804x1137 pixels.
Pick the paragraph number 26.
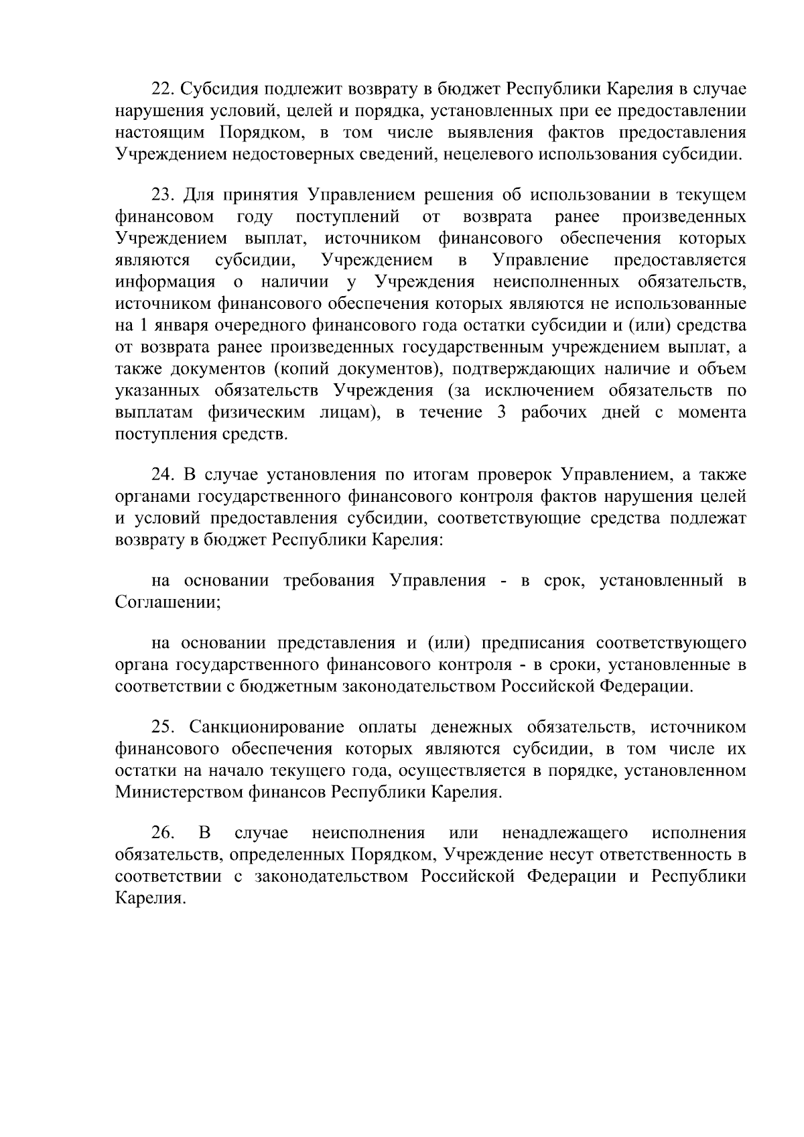coord(163,833)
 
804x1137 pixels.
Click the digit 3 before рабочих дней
coord(501,413)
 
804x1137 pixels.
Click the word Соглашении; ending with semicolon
coord(168,602)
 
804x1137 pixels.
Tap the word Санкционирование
coord(266,728)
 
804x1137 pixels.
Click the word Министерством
coord(180,793)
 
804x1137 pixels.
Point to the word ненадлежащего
coord(565,833)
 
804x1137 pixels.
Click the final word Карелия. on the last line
coord(149,898)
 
